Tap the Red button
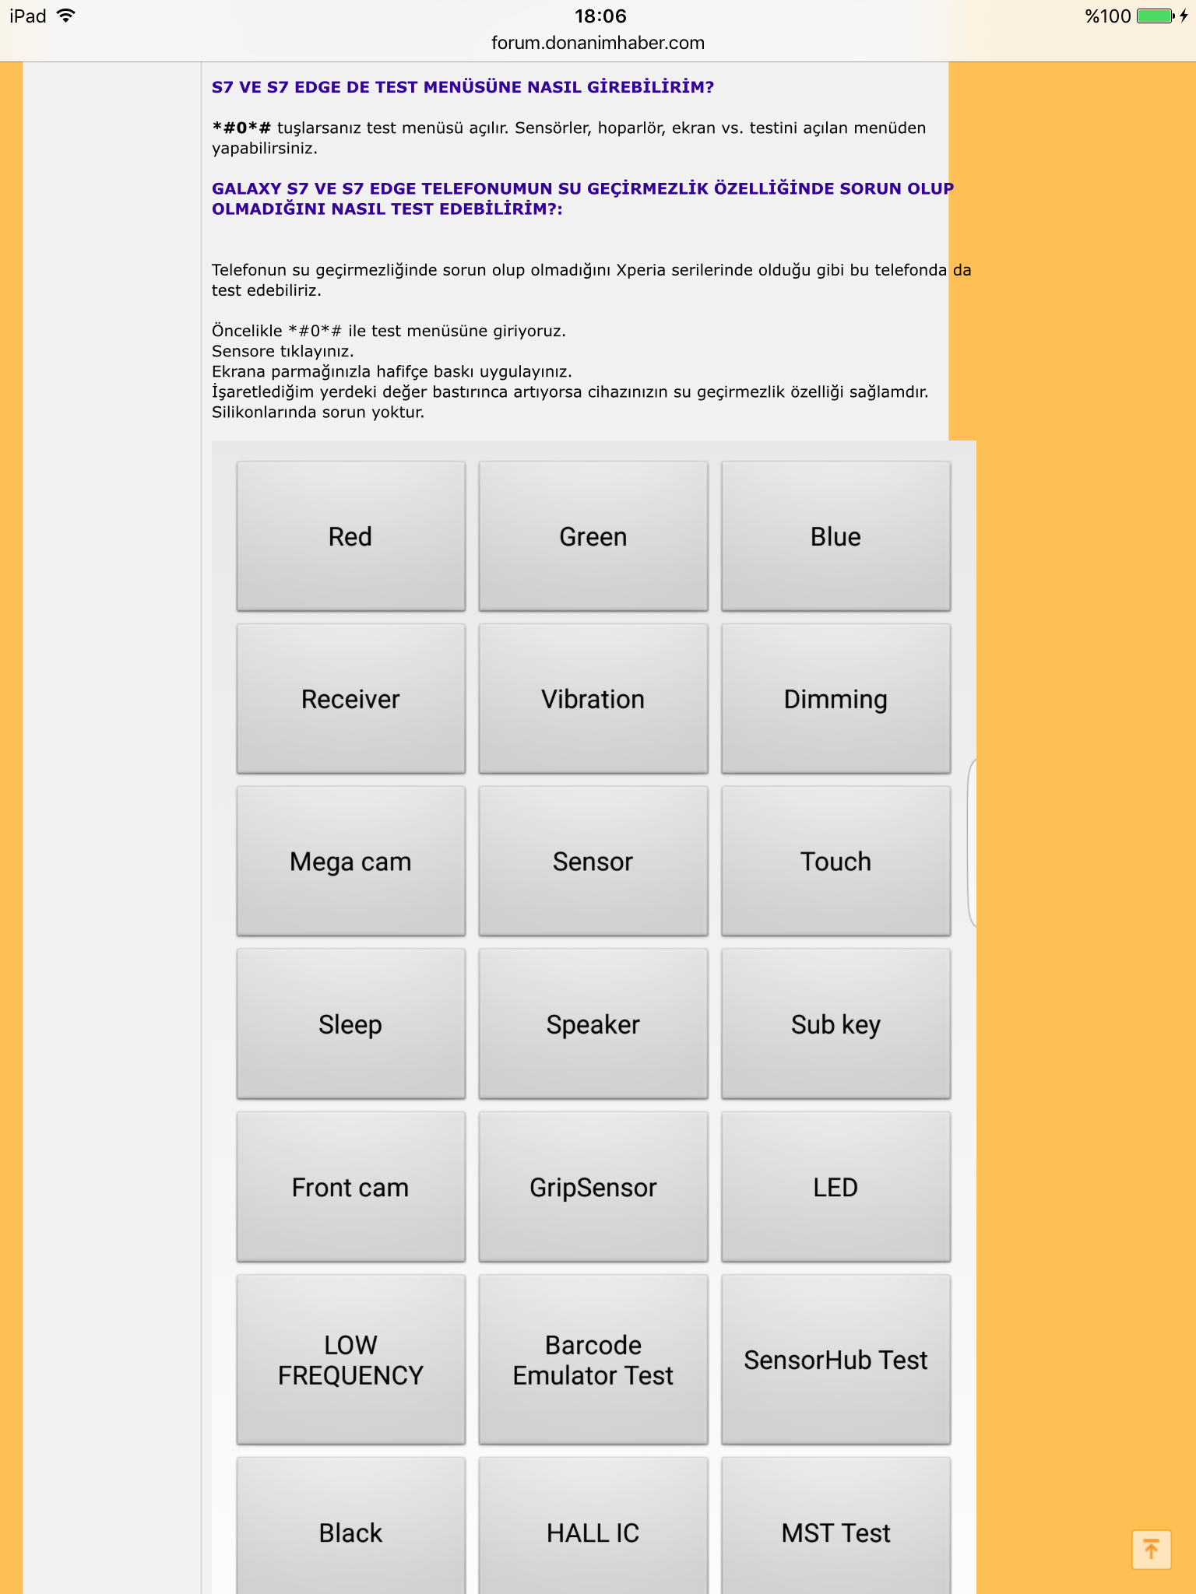click(x=350, y=536)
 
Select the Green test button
click(x=593, y=536)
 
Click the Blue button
click(x=835, y=536)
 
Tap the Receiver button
click(x=350, y=699)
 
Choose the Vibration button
click(x=593, y=699)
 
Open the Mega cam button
click(x=350, y=862)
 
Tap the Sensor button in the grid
click(x=593, y=862)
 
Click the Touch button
click(x=835, y=862)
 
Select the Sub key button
click(x=835, y=1024)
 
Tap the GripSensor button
click(x=593, y=1187)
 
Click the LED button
click(x=835, y=1187)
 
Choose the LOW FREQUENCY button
click(x=350, y=1360)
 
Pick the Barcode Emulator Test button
click(x=593, y=1360)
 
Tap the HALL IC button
click(x=593, y=1533)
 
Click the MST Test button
click(x=835, y=1533)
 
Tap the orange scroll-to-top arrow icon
click(x=1151, y=1549)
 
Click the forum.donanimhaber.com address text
click(x=598, y=43)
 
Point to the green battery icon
click(x=1155, y=16)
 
